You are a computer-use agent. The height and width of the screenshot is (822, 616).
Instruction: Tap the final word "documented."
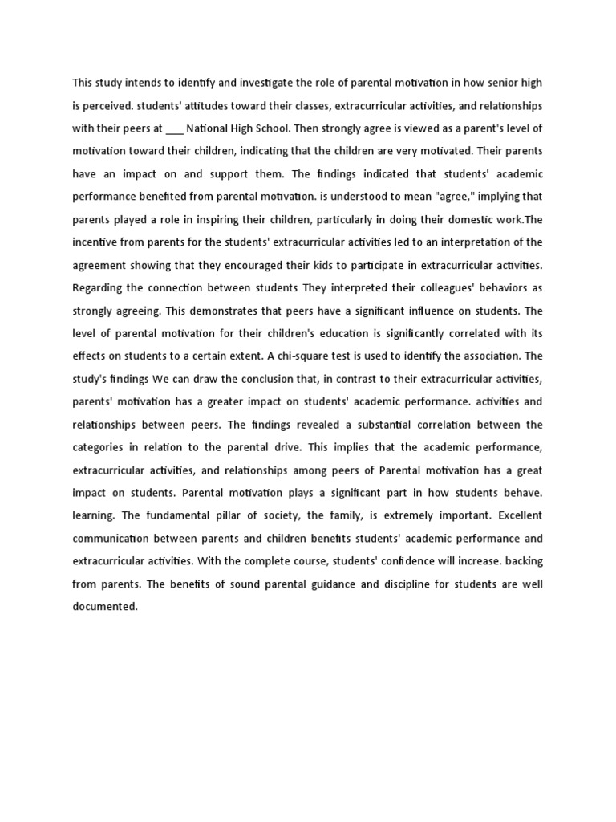point(105,607)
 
